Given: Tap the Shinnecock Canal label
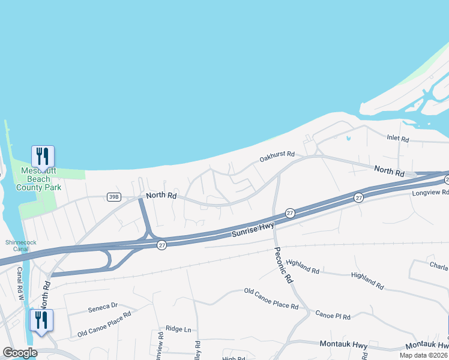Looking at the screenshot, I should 17,246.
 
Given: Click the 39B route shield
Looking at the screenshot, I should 113,197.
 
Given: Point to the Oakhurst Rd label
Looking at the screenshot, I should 277,157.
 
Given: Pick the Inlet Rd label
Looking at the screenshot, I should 397,139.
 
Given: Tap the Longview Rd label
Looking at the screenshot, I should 430,193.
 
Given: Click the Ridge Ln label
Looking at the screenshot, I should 178,329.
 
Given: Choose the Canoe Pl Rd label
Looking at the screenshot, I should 333,316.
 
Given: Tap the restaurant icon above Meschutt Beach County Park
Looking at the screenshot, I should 43,156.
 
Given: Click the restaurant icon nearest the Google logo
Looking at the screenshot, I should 41,320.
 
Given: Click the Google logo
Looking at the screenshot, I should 20,353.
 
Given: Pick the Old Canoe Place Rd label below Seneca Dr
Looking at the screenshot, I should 104,324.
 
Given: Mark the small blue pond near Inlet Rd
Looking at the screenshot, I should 348,139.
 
